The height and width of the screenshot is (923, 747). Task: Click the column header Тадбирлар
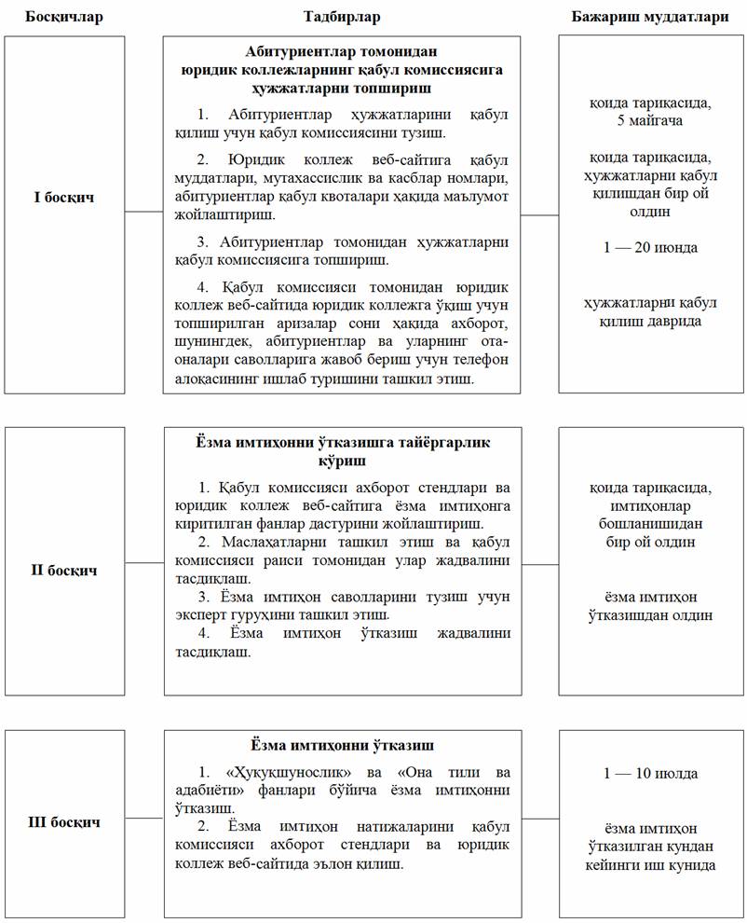tap(342, 17)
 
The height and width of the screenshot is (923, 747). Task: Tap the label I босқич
tap(62, 198)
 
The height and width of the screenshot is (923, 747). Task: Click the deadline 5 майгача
tap(650, 121)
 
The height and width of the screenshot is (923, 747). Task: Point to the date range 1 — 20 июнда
tap(650, 247)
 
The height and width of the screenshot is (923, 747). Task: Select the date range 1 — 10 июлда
tap(650, 774)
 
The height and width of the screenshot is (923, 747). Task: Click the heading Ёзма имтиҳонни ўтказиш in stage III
tap(342, 746)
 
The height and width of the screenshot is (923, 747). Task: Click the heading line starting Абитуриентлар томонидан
tap(342, 51)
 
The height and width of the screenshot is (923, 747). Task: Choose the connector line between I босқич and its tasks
tap(144, 212)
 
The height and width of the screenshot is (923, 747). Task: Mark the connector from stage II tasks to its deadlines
tap(539, 564)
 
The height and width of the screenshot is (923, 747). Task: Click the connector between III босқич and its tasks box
tap(144, 818)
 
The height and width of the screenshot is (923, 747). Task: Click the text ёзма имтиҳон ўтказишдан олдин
tap(650, 606)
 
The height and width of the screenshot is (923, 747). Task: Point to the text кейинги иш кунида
tap(650, 865)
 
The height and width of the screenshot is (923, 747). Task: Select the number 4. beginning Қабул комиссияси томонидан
tap(205, 286)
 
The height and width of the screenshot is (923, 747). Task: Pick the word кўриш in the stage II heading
tap(342, 460)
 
